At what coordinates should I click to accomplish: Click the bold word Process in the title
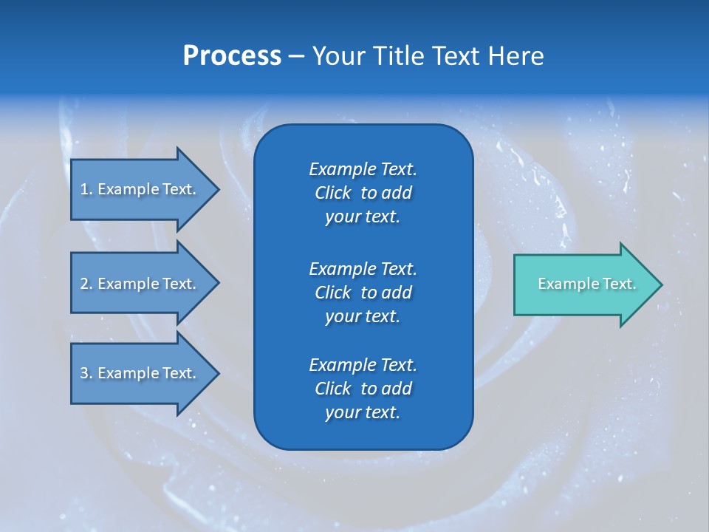pyautogui.click(x=232, y=56)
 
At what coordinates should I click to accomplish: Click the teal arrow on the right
pyautogui.click(x=583, y=284)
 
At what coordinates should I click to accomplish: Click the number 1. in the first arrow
pyautogui.click(x=86, y=189)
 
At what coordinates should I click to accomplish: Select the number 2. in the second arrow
pyautogui.click(x=86, y=284)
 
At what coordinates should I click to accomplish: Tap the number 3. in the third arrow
pyautogui.click(x=86, y=373)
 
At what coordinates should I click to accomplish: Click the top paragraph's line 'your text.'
pyautogui.click(x=363, y=217)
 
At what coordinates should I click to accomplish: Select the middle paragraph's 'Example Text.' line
pyautogui.click(x=363, y=269)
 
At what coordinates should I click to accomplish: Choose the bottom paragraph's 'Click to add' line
pyautogui.click(x=363, y=389)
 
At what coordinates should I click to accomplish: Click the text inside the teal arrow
pyautogui.click(x=586, y=284)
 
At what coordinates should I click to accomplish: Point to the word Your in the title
pyautogui.click(x=339, y=56)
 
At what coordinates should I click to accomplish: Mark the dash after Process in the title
pyautogui.click(x=296, y=56)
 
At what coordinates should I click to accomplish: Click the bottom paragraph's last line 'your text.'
pyautogui.click(x=363, y=413)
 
